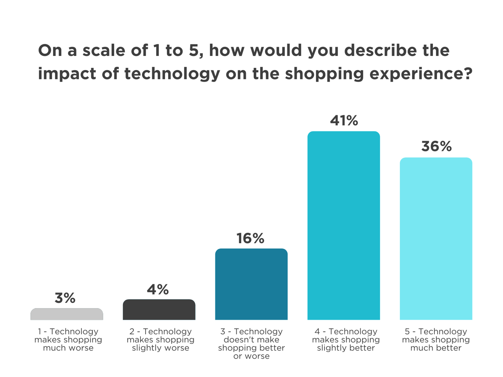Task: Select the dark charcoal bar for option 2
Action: click(x=159, y=310)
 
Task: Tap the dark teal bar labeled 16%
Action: click(x=251, y=284)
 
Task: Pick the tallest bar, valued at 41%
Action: click(x=344, y=225)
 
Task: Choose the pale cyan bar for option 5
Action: click(x=436, y=238)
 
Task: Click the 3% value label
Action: click(x=65, y=298)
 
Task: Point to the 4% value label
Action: click(x=158, y=289)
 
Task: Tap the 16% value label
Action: click(x=250, y=238)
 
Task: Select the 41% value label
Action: click(x=344, y=120)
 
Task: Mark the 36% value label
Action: click(x=437, y=146)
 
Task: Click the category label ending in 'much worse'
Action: click(x=68, y=340)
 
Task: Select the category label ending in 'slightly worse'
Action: click(x=161, y=340)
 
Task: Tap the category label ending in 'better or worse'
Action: click(x=251, y=344)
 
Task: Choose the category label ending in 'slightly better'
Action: click(x=346, y=340)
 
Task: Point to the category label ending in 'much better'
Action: click(x=436, y=340)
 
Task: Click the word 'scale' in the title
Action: click(x=104, y=50)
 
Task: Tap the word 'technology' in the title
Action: click(x=173, y=74)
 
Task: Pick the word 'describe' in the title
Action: click(x=381, y=50)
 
